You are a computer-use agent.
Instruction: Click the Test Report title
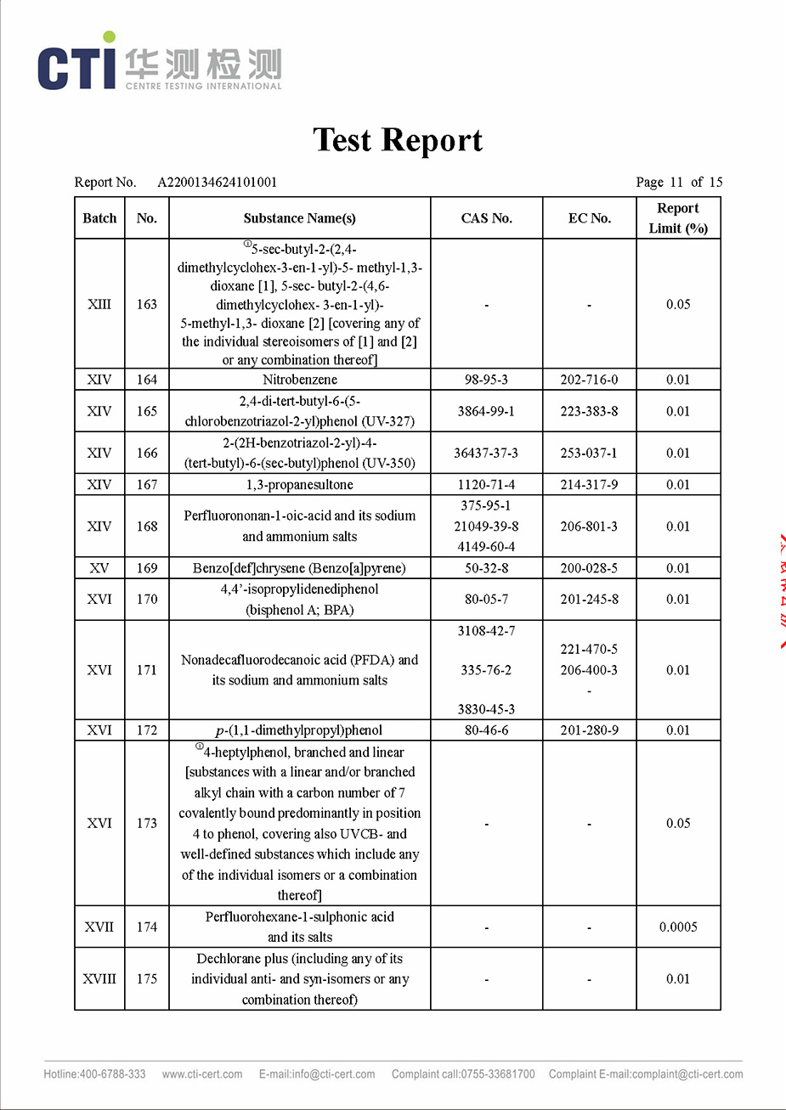[x=398, y=140]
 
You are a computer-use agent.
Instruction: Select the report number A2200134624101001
[x=217, y=182]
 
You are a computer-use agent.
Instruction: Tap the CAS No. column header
[x=486, y=218]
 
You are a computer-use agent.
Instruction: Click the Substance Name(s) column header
[x=299, y=218]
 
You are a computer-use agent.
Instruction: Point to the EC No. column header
[x=589, y=218]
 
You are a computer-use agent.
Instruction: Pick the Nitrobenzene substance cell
[x=299, y=380]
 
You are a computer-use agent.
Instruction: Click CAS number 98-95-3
[x=486, y=380]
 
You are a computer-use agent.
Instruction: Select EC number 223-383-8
[x=589, y=411]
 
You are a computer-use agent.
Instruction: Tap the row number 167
[x=146, y=485]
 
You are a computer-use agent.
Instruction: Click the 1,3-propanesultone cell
[x=299, y=485]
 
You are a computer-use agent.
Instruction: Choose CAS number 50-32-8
[x=486, y=568]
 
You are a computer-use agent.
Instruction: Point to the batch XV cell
[x=99, y=568]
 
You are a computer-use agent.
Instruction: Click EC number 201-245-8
[x=589, y=599]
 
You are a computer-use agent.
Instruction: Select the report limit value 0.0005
[x=678, y=927]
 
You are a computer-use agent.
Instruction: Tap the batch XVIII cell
[x=99, y=978]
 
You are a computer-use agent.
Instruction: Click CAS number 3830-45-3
[x=486, y=709]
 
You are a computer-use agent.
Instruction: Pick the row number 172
[x=146, y=730]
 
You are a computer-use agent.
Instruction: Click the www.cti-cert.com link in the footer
[x=202, y=1074]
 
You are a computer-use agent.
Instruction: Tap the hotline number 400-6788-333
[x=112, y=1074]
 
